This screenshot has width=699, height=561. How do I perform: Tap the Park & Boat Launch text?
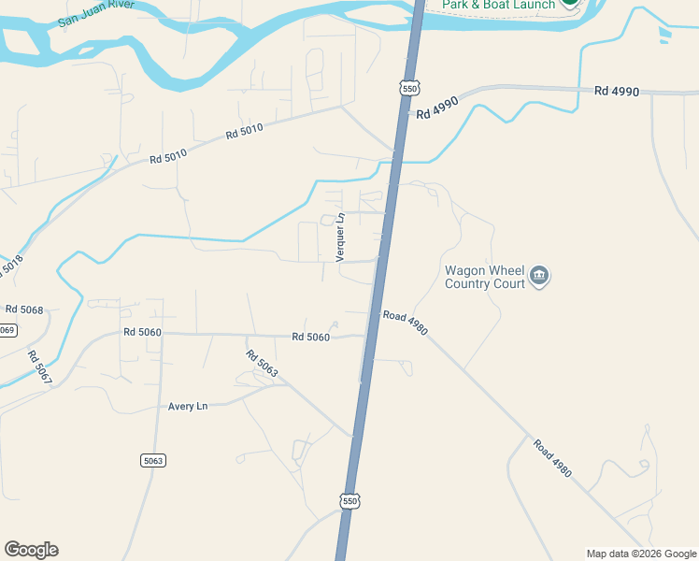[498, 5]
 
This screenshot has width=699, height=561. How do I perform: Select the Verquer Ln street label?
[341, 237]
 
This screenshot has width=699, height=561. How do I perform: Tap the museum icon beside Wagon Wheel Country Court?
[539, 277]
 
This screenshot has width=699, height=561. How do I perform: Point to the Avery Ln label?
[187, 407]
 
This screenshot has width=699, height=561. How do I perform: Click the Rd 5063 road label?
[263, 364]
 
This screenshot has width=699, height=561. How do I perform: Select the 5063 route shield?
[153, 460]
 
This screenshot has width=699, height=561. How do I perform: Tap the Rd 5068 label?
[24, 309]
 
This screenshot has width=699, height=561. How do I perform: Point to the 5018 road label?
[10, 267]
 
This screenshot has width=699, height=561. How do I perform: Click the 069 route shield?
[7, 330]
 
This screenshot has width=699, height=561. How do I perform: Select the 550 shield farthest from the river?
[349, 500]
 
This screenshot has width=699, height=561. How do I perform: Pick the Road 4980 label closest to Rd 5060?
[405, 323]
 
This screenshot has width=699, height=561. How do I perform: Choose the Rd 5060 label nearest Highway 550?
[310, 337]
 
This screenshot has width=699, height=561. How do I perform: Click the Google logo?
[31, 550]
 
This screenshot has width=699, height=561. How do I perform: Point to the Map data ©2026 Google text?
[641, 554]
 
